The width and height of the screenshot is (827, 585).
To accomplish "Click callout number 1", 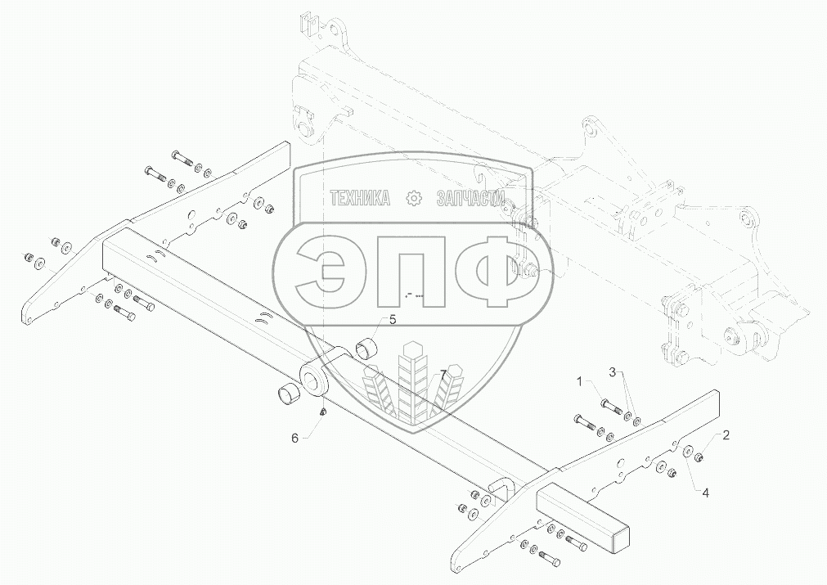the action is tap(579, 381).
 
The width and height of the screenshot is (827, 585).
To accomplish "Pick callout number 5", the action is tap(392, 320).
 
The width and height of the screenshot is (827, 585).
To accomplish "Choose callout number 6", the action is tap(295, 439).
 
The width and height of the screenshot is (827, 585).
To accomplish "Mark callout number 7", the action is tap(443, 375).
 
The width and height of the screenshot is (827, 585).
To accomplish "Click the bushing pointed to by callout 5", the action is tap(364, 350).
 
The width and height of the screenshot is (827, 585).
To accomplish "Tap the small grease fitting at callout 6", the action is tap(324, 411).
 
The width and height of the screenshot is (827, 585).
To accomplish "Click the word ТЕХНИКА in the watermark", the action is tap(359, 197).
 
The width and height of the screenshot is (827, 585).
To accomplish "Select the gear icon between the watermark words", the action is tap(413, 197).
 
